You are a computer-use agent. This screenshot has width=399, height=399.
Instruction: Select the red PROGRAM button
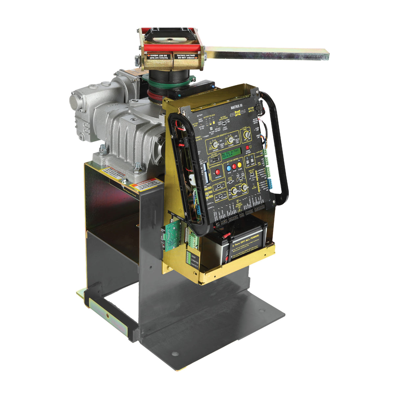tap(217, 172)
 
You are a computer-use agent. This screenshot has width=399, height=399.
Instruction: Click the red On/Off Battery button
tap(247, 148)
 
